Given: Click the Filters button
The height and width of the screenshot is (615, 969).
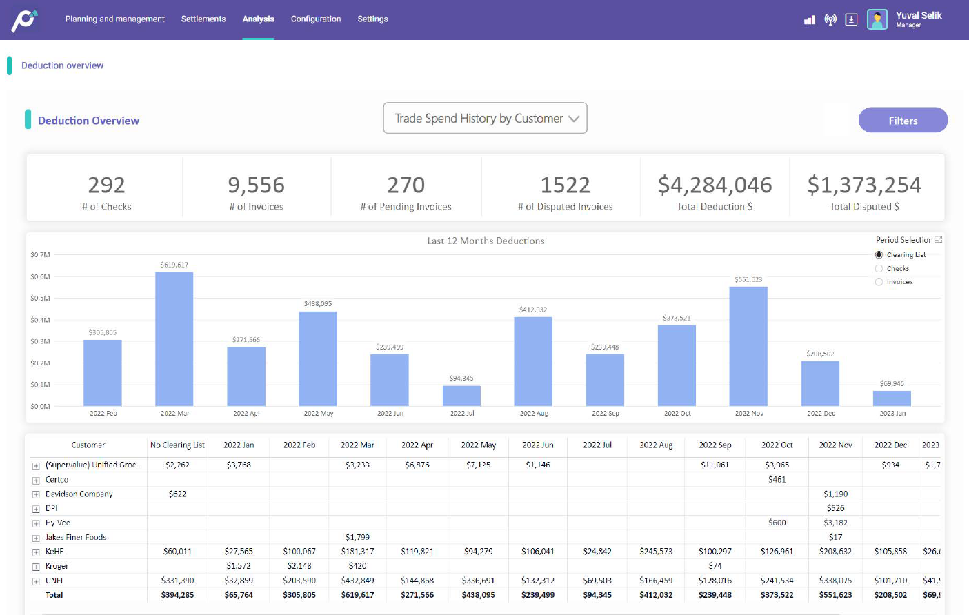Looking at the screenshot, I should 903,121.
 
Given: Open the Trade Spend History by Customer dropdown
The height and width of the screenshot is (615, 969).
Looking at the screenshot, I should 485,119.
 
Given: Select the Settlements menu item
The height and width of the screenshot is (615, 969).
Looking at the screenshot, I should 203,19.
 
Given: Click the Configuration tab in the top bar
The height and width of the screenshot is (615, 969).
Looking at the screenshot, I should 316,19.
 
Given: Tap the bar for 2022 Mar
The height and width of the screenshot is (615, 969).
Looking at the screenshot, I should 174,339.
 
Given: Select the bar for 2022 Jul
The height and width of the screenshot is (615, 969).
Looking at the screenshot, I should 461,396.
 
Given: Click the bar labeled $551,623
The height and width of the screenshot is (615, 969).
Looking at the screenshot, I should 748,345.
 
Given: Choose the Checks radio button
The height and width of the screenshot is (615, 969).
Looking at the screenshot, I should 879,269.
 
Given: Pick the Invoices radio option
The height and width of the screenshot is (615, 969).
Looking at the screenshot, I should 879,282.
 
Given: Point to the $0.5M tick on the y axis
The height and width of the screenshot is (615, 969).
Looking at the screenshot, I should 40,299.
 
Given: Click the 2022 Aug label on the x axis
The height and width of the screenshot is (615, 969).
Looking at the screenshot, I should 534,414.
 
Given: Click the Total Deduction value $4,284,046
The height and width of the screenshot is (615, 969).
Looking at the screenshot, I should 715,185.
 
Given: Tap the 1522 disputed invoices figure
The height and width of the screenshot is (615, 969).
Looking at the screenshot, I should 565,185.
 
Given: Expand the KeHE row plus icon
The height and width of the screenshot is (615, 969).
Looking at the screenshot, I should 36,552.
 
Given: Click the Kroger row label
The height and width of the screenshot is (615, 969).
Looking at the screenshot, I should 57,566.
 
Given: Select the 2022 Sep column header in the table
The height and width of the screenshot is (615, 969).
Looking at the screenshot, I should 715,445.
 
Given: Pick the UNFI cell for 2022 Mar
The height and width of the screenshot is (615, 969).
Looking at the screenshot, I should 357,581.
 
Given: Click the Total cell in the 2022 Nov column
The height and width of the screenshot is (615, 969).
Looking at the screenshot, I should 835,595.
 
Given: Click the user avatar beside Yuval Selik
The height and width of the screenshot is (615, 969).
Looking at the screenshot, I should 877,19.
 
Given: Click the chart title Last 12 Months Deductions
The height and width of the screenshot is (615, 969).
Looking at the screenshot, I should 486,241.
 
